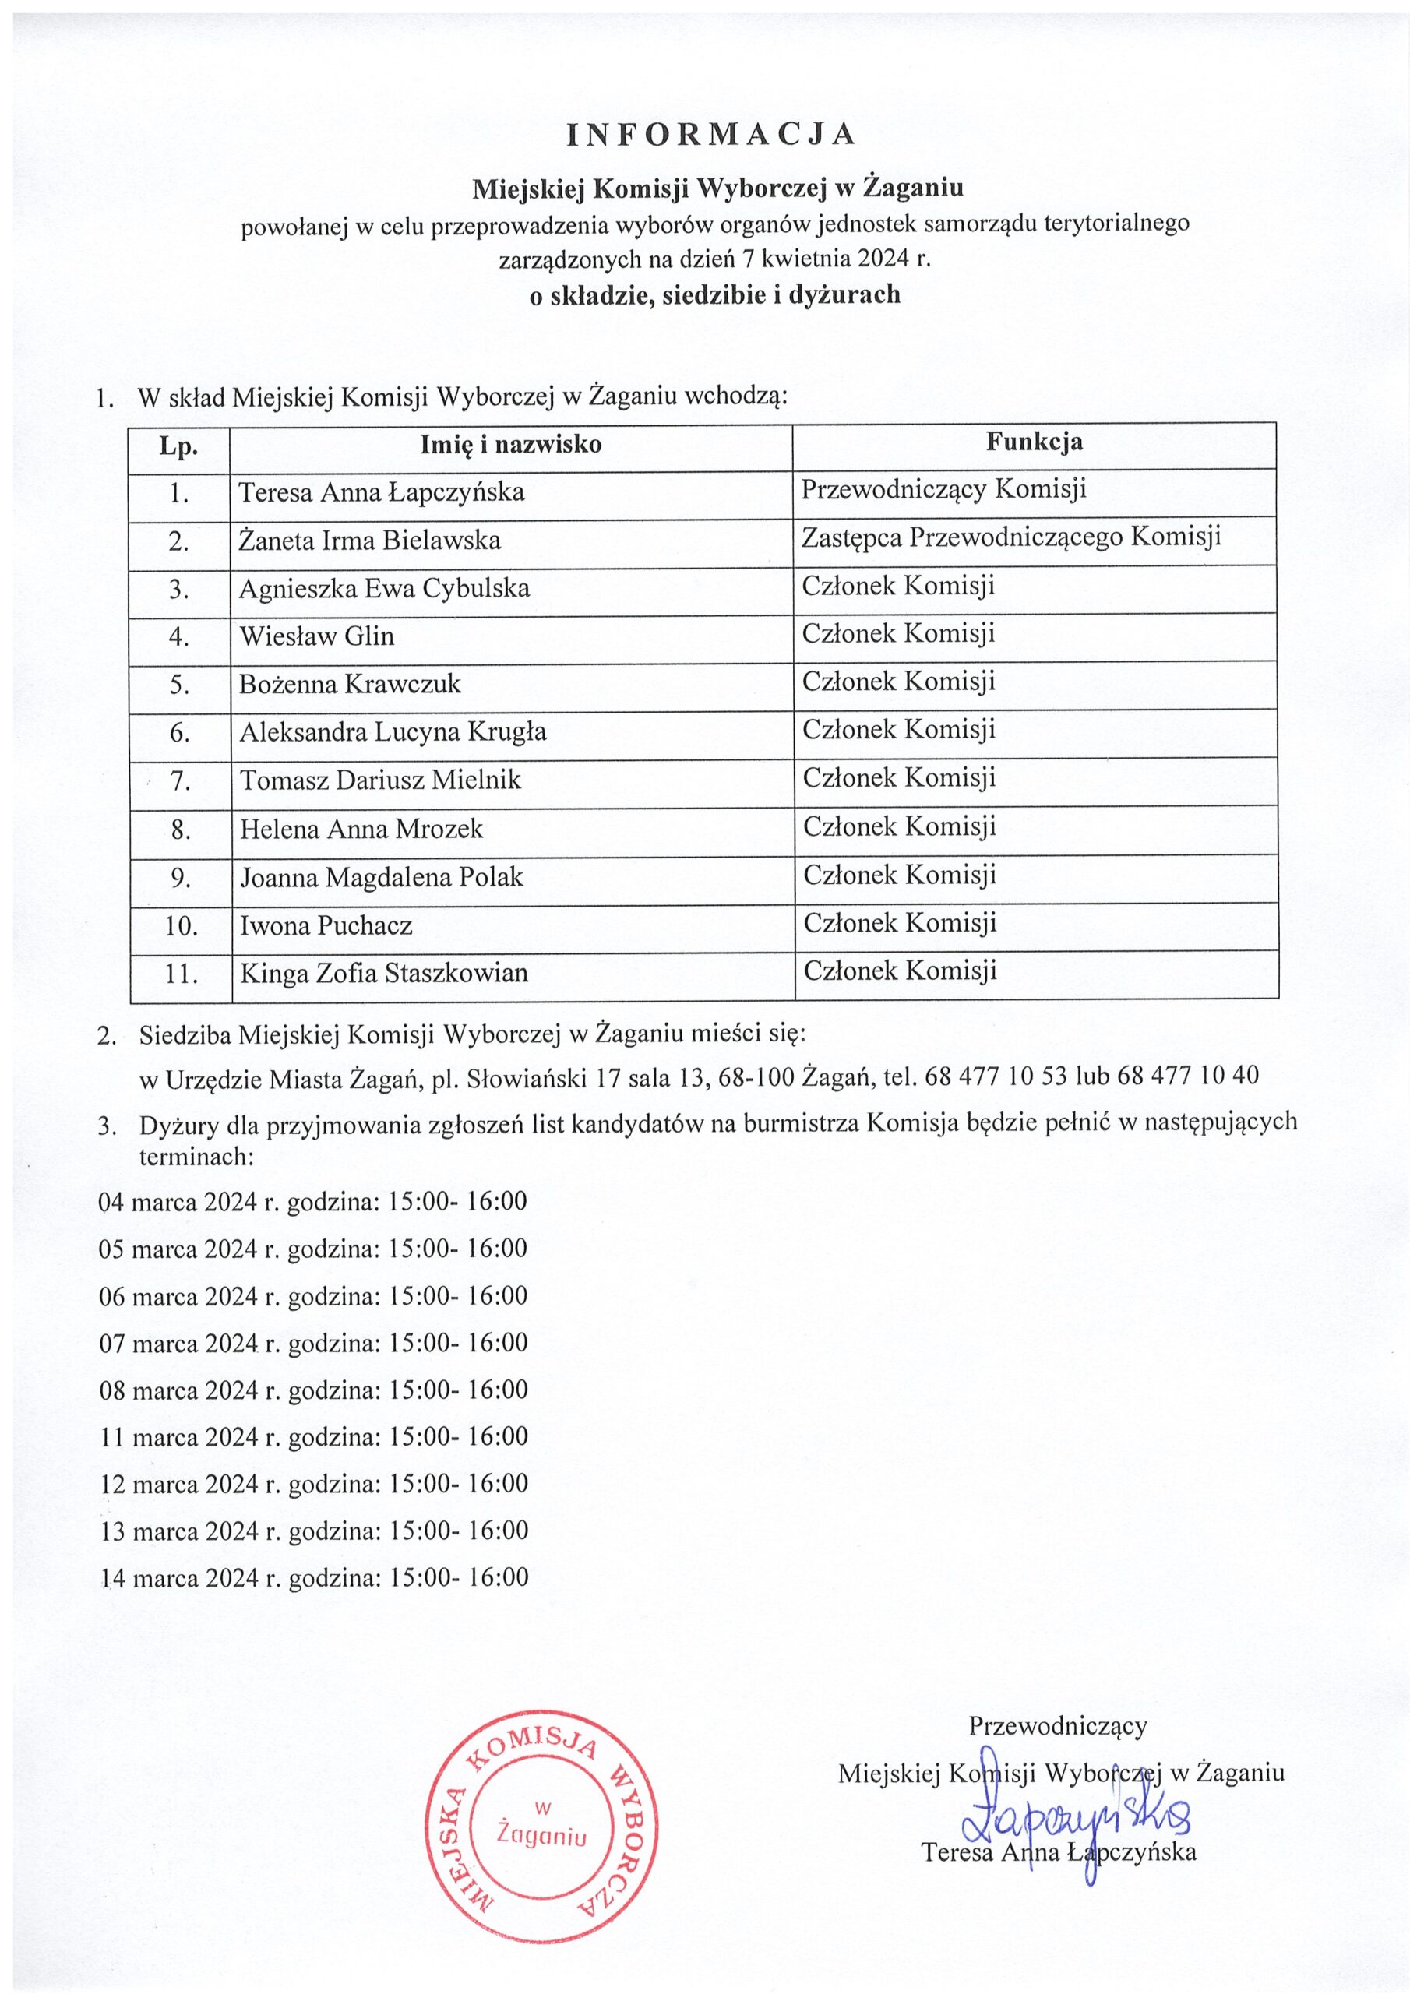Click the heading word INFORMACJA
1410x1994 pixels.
pyautogui.click(x=711, y=135)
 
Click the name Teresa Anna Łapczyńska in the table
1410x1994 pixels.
pyautogui.click(x=382, y=492)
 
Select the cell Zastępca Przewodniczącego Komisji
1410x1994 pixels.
pyautogui.click(x=1010, y=537)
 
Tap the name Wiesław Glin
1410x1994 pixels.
pyautogui.click(x=316, y=636)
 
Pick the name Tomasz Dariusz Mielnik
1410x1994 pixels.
pyautogui.click(x=379, y=780)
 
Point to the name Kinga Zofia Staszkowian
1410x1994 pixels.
pyautogui.click(x=383, y=973)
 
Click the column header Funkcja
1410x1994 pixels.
pyautogui.click(x=1034, y=442)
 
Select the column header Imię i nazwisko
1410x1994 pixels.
pyautogui.click(x=511, y=445)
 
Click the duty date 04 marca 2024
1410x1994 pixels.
pyautogui.click(x=178, y=1202)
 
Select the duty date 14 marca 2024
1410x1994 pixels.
pyautogui.click(x=180, y=1577)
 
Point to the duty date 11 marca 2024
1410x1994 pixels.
pyautogui.click(x=179, y=1436)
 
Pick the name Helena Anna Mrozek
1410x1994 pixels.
pyautogui.click(x=361, y=829)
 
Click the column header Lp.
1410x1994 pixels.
pyautogui.click(x=178, y=446)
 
